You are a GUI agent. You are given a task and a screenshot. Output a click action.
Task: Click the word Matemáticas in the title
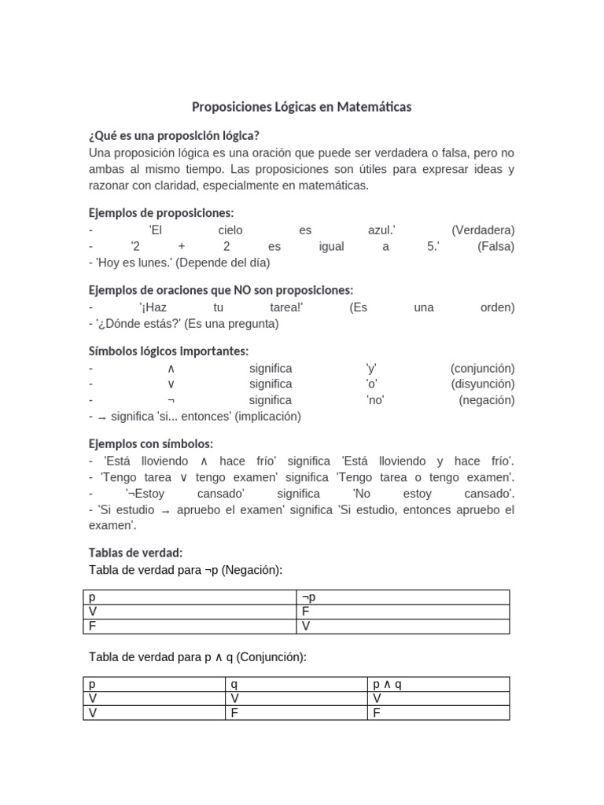374,106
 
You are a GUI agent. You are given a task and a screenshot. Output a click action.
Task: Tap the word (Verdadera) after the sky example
483,230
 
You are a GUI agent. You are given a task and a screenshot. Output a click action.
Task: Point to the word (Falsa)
495,246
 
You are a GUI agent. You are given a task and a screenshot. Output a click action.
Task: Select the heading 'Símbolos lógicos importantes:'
169,351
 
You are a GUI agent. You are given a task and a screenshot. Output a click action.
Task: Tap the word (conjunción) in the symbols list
482,368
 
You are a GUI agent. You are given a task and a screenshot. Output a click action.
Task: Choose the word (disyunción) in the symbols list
483,384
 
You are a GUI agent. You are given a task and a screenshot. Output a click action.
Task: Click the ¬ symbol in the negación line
171,400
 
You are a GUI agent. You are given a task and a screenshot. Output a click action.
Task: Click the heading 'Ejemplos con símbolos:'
151,444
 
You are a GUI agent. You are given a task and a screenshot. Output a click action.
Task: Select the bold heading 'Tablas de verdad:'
136,553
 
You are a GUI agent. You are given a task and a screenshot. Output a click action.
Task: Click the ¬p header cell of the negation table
308,597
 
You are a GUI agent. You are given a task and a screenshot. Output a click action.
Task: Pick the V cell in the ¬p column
306,627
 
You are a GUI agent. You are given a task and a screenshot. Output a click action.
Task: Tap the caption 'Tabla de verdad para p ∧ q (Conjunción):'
197,656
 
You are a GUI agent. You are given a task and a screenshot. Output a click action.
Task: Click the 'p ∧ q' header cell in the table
387,685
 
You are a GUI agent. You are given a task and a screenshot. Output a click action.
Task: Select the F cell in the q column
234,713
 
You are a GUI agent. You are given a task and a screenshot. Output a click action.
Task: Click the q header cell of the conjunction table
234,685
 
